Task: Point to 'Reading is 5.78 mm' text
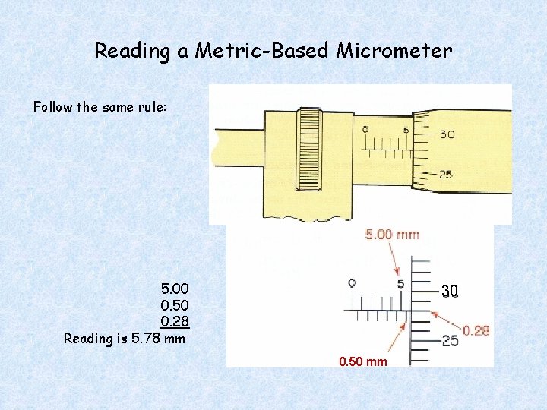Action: [x=125, y=339]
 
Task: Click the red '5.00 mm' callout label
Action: [x=392, y=235]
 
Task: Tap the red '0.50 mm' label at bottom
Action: [x=363, y=361]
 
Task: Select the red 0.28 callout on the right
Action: [x=476, y=330]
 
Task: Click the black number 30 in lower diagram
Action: [x=450, y=291]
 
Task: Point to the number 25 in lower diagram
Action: [x=450, y=341]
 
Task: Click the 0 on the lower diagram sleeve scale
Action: [x=351, y=284]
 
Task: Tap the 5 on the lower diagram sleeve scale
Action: [x=400, y=284]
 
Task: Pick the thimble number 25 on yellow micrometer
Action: [x=446, y=175]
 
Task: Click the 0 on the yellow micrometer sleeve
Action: [x=365, y=130]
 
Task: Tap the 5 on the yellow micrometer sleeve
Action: [x=406, y=130]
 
